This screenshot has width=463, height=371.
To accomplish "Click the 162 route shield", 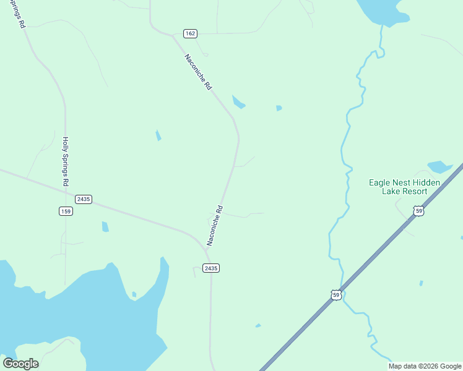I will click(190, 33).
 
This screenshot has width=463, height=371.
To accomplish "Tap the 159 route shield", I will click(66, 211).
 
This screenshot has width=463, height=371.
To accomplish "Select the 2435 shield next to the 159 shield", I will click(84, 199).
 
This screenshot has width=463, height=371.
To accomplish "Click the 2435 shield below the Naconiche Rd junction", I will click(210, 268).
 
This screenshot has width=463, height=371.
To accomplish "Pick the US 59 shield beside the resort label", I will click(420, 211).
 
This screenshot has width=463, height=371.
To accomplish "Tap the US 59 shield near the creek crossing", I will click(335, 295).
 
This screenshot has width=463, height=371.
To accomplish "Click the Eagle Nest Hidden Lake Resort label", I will click(404, 187).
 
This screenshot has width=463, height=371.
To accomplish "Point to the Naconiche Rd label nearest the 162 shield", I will click(198, 73).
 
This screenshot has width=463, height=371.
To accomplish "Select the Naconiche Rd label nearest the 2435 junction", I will click(214, 226).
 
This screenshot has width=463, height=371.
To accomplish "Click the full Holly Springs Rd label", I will click(65, 162).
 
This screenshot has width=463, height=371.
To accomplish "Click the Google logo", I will click(20, 364).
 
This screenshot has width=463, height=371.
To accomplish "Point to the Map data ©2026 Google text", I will click(425, 366).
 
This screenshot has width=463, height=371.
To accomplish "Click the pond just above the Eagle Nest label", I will click(439, 166).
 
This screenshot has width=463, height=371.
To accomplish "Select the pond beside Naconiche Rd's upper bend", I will click(238, 102).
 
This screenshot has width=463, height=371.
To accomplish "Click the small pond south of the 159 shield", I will click(105, 227).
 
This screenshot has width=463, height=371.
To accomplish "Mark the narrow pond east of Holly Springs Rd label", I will click(158, 135).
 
